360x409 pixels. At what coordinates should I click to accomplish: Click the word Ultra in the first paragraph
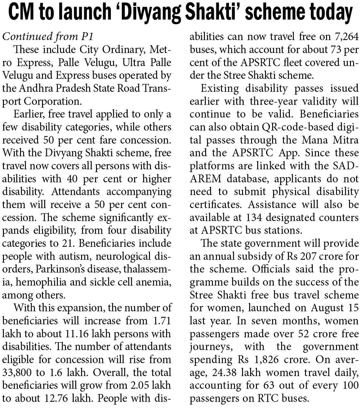click(133, 63)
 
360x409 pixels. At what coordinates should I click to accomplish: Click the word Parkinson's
click(63, 269)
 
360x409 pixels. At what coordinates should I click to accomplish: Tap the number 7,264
click(345, 37)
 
